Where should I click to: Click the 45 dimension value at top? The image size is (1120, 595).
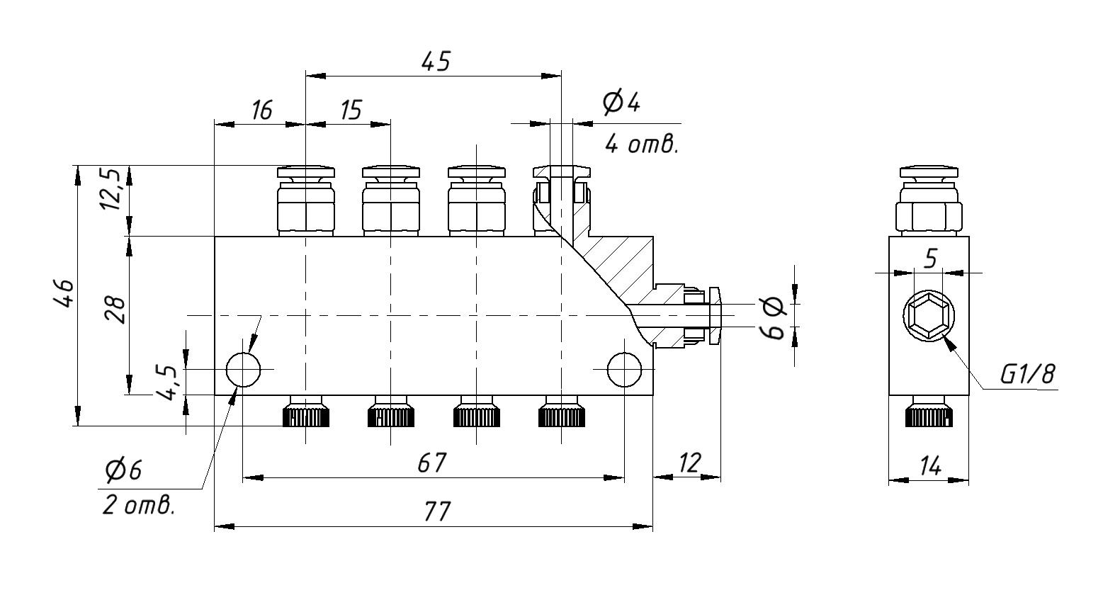[x=435, y=62]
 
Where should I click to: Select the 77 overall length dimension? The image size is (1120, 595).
[x=437, y=511]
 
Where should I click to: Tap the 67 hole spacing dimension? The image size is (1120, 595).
[x=431, y=463]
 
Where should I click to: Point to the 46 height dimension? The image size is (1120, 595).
[x=64, y=293]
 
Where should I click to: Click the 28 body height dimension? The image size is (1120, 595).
[x=117, y=310]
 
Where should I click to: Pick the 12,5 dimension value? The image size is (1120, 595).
[x=113, y=189]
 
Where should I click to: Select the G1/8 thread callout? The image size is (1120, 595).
[x=1027, y=374]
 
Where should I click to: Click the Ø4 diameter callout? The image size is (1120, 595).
[x=621, y=103]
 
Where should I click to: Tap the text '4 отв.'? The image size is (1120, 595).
[x=641, y=144]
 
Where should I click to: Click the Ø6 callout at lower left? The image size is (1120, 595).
[x=123, y=469]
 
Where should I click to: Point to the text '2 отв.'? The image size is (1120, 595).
[x=138, y=506]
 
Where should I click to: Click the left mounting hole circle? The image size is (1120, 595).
[x=243, y=369]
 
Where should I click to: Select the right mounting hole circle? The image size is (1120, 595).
[x=625, y=369]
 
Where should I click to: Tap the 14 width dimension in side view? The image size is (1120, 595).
[x=929, y=466]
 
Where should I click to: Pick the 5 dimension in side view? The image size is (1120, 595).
[x=931, y=259]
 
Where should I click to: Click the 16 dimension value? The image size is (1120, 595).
[x=261, y=110]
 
